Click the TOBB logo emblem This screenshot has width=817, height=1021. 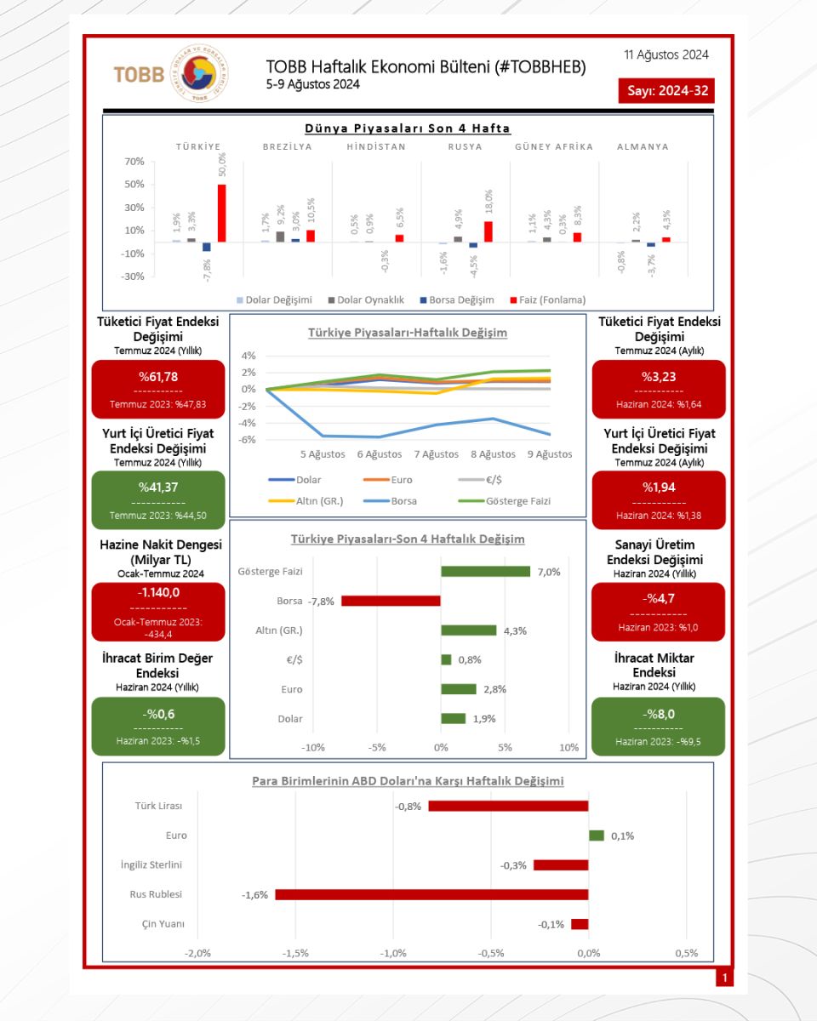pyautogui.click(x=199, y=73)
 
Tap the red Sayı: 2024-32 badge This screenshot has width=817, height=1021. pyautogui.click(x=666, y=91)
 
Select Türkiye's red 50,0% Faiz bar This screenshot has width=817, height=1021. pyautogui.click(x=221, y=213)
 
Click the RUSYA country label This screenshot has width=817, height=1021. pyautogui.click(x=466, y=146)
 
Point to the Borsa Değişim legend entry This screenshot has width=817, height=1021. pyautogui.click(x=457, y=299)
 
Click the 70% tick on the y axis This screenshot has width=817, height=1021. pyautogui.click(x=134, y=162)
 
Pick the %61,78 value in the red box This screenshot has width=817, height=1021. pyautogui.click(x=158, y=377)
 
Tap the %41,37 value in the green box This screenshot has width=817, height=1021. pyautogui.click(x=158, y=488)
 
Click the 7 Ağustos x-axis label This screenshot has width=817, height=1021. pyautogui.click(x=437, y=454)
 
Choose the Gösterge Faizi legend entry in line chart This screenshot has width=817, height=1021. pyautogui.click(x=504, y=501)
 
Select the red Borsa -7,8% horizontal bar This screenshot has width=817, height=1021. pyautogui.click(x=391, y=601)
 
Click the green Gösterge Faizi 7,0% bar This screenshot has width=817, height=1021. pyautogui.click(x=485, y=571)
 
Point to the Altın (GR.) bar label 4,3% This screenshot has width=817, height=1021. pyautogui.click(x=515, y=631)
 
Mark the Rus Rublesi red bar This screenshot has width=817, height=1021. pyautogui.click(x=431, y=894)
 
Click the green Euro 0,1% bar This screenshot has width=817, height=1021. pyautogui.click(x=597, y=836)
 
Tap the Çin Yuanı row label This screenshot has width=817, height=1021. pyautogui.click(x=163, y=924)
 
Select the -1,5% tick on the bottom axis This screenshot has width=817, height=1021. pyautogui.click(x=295, y=953)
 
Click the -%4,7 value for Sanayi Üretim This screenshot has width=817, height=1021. pyautogui.click(x=659, y=599)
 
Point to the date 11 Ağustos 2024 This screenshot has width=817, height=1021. pyautogui.click(x=666, y=55)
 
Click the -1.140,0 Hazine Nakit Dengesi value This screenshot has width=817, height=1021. pyautogui.click(x=158, y=592)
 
